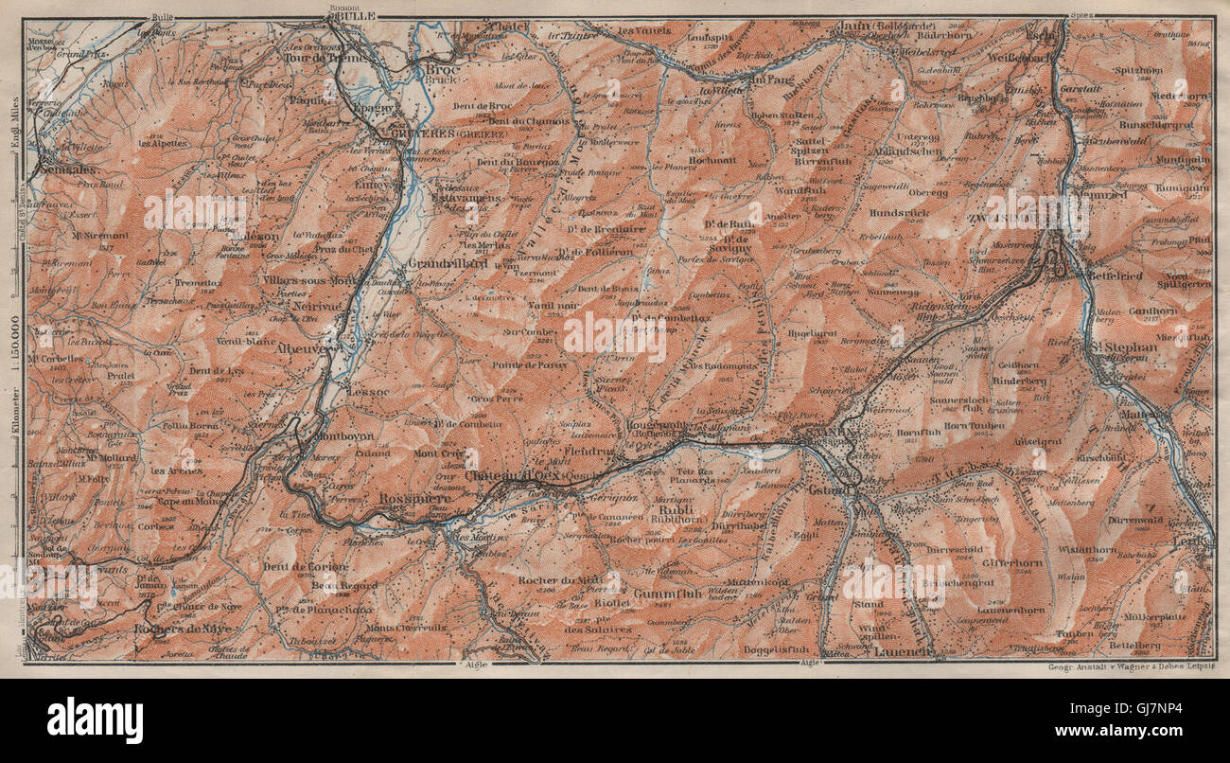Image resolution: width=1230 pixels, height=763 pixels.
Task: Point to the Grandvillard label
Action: pyautogui.click(x=448, y=263)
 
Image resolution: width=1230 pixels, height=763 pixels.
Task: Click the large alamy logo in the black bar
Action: pyautogui.click(x=95, y=719)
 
